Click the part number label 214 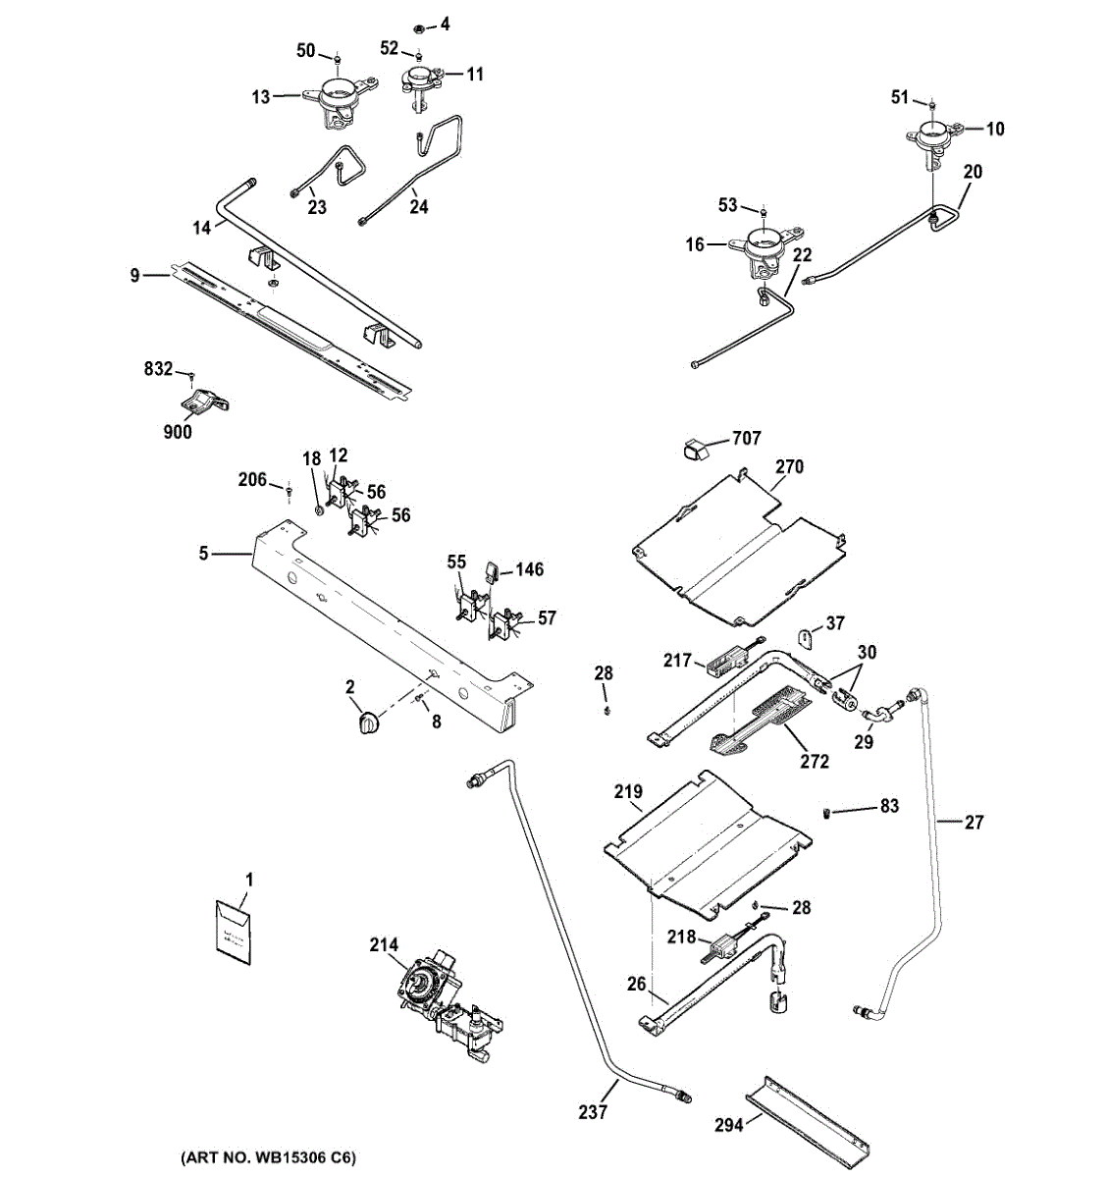pos(384,945)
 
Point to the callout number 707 pos(746,438)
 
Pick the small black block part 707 pos(694,450)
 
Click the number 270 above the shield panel pos(789,466)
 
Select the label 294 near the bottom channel pos(728,1126)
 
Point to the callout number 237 pos(593,1112)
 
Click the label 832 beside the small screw pos(158,369)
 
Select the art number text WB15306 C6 pos(267,1158)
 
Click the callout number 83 pos(889,806)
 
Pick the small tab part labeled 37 pos(805,637)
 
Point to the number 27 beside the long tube pos(974,822)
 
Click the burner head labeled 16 pos(765,245)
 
